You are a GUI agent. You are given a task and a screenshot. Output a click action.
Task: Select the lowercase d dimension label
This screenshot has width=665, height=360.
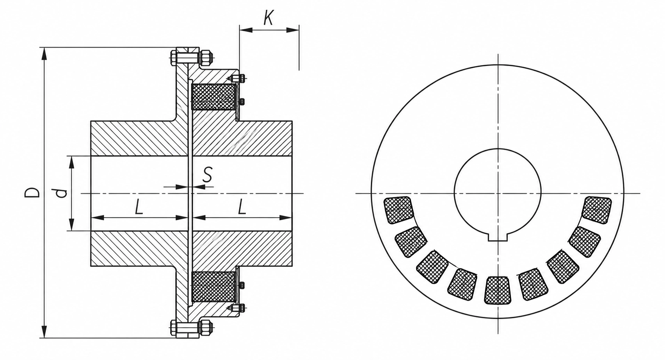click(x=62, y=193)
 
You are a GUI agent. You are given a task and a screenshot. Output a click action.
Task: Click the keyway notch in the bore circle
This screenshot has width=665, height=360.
click(x=498, y=237)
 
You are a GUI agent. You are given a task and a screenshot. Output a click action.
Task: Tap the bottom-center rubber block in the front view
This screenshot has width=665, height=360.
click(x=498, y=291)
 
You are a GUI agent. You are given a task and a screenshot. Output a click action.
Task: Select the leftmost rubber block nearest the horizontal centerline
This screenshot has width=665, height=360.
click(x=398, y=210)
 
